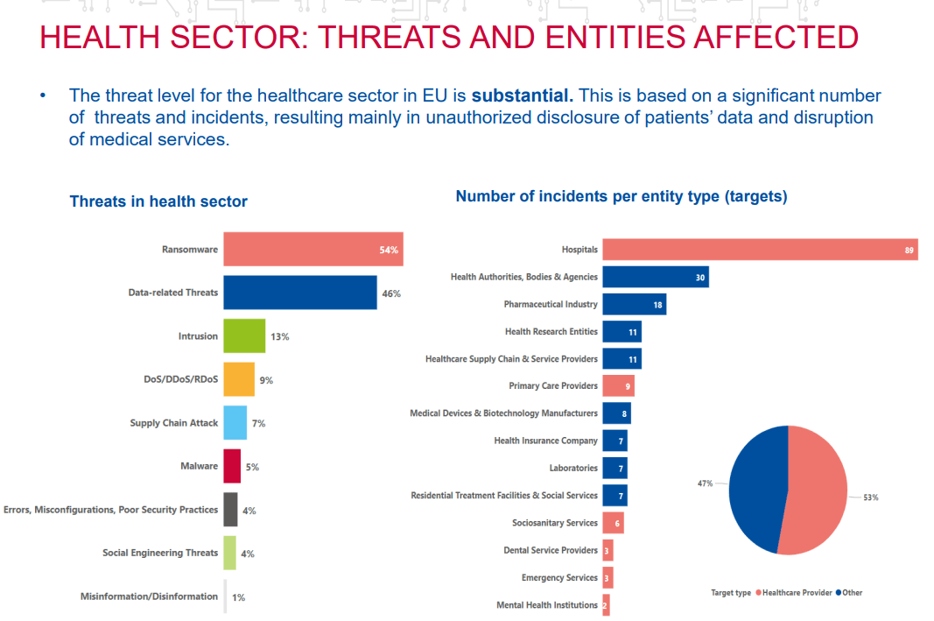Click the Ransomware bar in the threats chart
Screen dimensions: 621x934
[313, 249]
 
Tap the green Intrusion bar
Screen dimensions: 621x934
[243, 335]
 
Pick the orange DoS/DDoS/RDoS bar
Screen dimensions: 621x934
[238, 379]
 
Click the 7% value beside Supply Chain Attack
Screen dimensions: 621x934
[258, 423]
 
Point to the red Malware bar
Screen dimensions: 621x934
[232, 466]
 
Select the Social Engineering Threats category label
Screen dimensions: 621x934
[159, 553]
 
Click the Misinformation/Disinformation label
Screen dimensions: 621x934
[149, 596]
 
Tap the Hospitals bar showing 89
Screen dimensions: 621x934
[759, 250]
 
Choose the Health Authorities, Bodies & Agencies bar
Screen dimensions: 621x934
[655, 277]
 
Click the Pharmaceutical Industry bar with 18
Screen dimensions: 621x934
[634, 304]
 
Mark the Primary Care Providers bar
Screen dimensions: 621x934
[617, 385]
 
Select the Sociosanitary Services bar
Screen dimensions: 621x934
[613, 523]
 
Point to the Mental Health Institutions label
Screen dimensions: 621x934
[546, 605]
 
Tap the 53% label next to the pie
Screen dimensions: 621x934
[870, 497]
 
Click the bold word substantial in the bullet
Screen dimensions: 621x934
[522, 95]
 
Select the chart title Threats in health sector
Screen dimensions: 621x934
[158, 201]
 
